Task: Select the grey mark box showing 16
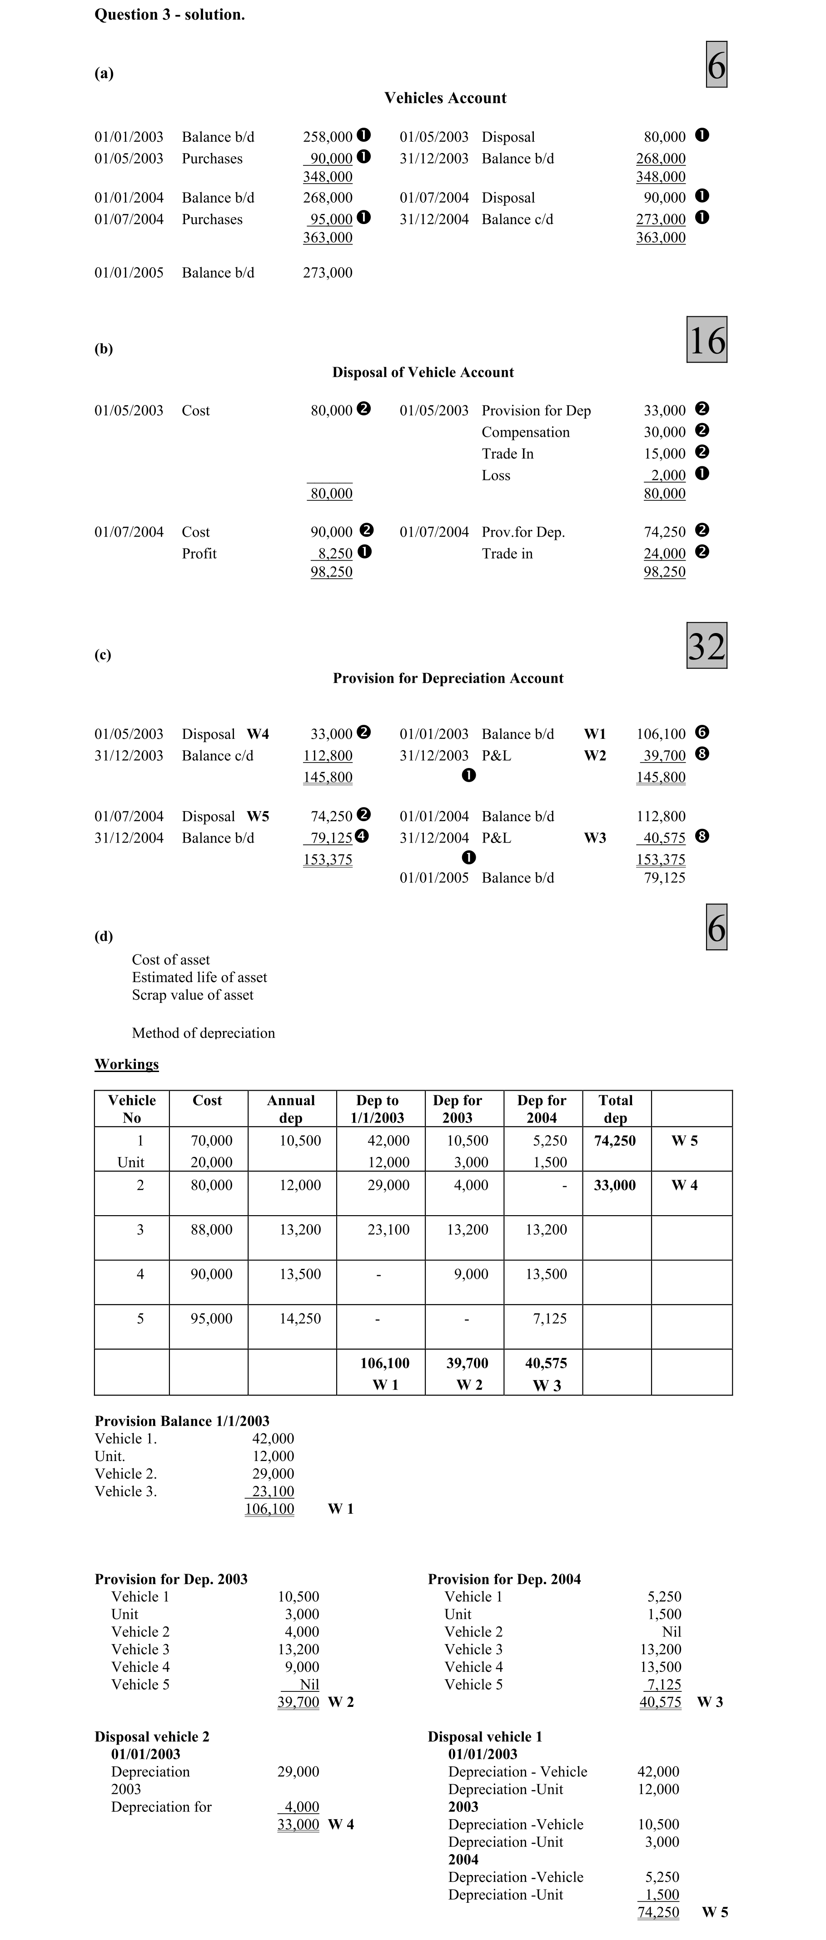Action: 706,339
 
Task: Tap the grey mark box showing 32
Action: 706,645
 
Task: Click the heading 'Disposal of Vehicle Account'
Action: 423,372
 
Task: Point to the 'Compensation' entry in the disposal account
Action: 526,432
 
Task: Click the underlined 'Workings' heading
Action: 126,1064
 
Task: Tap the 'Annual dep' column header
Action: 291,1108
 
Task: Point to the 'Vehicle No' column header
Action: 132,1108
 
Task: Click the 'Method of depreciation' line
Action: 203,1032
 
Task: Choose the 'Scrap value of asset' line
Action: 193,995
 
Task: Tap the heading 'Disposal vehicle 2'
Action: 152,1736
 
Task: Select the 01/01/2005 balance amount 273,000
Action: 328,273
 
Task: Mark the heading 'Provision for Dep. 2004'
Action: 504,1579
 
